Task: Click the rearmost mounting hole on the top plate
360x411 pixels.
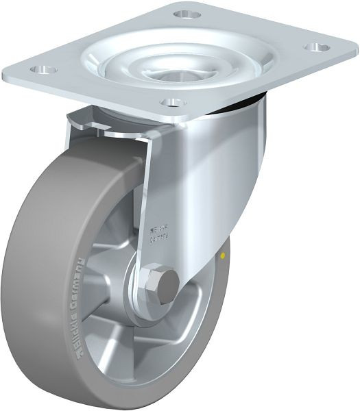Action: pos(187,14)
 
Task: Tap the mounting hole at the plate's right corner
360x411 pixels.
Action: pos(317,47)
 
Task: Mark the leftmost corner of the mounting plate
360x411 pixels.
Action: pos(5,74)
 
